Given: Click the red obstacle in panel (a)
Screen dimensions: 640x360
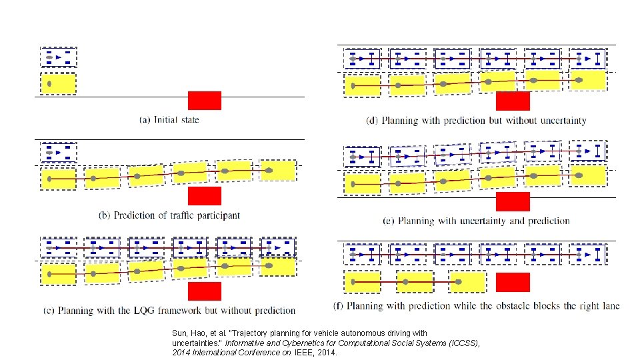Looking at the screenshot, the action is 204,100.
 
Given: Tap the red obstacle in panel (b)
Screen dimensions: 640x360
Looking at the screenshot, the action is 204,195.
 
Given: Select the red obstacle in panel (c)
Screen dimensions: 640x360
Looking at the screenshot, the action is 204,291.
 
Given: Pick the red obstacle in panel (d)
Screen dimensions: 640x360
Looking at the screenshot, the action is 513,101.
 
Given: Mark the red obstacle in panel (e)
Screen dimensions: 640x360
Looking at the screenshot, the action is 513,201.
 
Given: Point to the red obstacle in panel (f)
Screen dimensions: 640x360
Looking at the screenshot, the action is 513,282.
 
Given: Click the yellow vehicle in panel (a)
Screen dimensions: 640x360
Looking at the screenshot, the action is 59,84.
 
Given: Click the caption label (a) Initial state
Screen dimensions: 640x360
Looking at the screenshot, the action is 169,120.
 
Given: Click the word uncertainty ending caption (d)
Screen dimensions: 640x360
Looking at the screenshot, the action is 560,121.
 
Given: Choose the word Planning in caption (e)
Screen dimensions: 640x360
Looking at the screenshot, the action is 417,221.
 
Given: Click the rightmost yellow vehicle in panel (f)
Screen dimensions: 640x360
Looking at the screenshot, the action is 467,282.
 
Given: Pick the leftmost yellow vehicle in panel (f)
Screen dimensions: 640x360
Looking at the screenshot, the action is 362,282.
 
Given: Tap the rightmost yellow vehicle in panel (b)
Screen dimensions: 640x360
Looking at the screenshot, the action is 277,171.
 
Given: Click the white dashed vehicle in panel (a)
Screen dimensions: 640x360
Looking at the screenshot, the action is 59,57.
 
